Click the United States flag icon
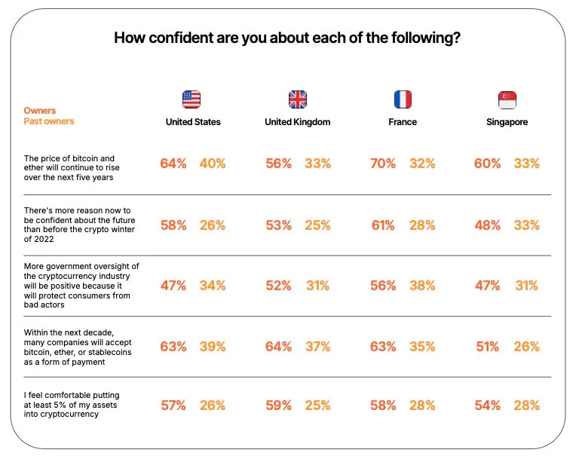[x=192, y=99]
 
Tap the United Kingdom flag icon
[x=298, y=99]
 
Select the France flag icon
[x=403, y=99]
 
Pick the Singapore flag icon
[x=507, y=99]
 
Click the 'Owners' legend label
[x=40, y=111]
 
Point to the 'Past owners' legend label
[x=49, y=121]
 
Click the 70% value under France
[x=384, y=164]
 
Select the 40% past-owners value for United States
[x=213, y=164]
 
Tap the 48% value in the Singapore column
[x=487, y=225]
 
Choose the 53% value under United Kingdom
[x=278, y=225]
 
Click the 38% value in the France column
[x=422, y=286]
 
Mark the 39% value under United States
[x=213, y=347]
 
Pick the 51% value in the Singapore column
[x=487, y=347]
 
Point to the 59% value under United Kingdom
[x=278, y=405]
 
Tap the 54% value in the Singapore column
[x=487, y=405]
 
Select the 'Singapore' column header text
[x=507, y=121]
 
